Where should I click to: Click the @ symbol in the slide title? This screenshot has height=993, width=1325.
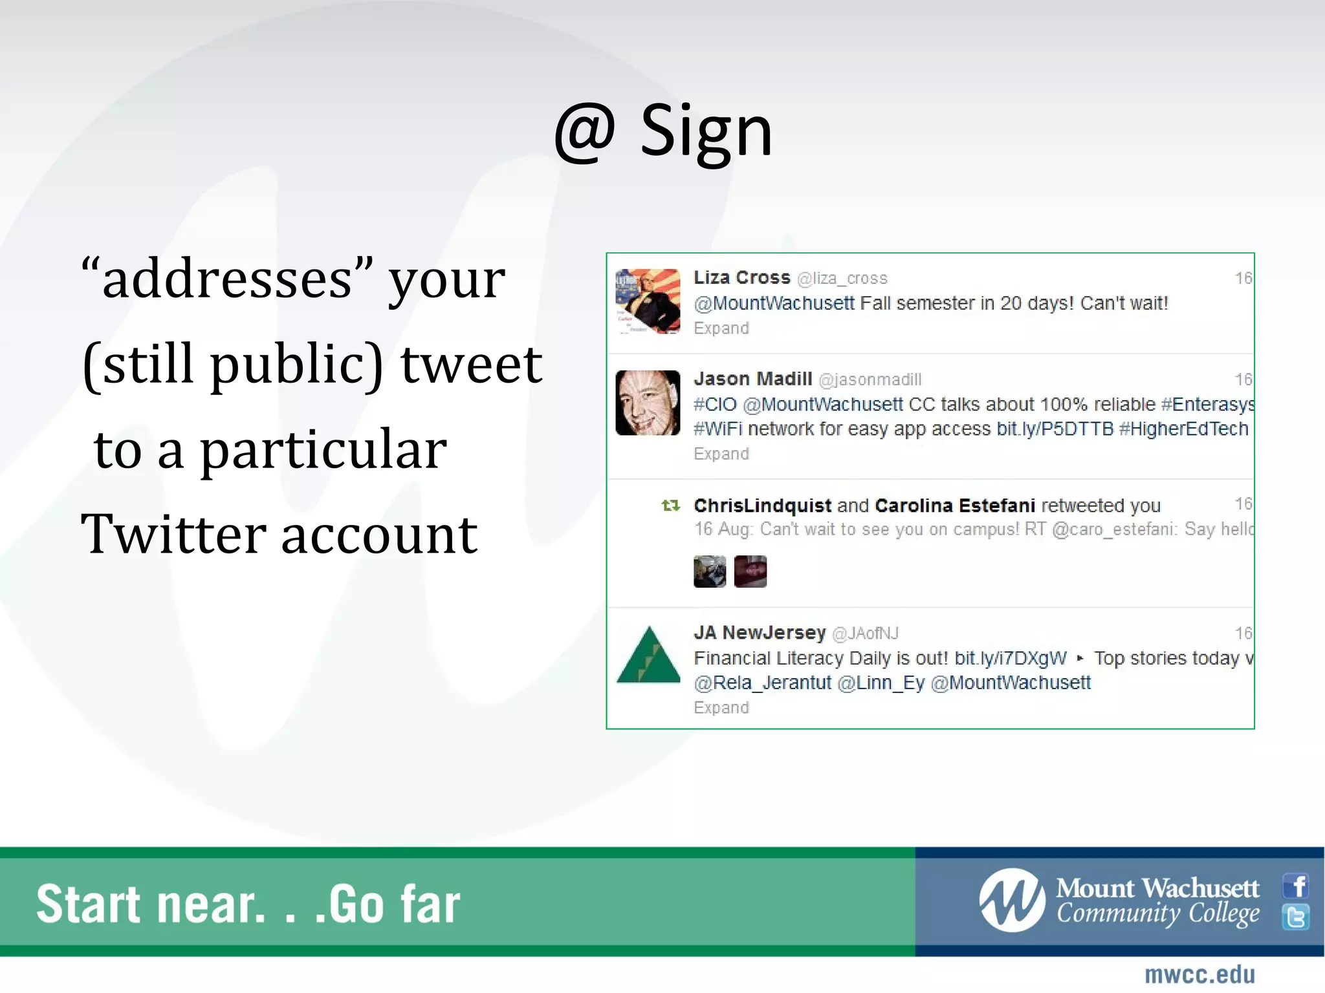584,133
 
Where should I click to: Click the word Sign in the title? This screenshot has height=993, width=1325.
706,133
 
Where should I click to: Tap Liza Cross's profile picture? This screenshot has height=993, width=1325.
648,301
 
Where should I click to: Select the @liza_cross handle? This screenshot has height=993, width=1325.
842,279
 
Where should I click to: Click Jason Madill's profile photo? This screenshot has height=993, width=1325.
648,403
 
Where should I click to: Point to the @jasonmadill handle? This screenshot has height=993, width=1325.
870,380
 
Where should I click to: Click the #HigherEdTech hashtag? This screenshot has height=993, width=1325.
1183,429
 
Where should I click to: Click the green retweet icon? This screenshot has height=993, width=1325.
671,506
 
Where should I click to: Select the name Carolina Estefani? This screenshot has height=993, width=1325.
955,506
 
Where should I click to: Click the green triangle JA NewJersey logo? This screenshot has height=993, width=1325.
648,656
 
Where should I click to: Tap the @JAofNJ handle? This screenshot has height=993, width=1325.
865,634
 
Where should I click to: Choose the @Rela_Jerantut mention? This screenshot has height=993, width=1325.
762,683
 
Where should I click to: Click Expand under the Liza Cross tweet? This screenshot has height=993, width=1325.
721,328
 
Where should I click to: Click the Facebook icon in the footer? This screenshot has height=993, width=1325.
1296,886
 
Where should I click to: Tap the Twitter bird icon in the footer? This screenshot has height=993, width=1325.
1296,917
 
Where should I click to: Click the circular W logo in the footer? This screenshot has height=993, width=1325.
1012,901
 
